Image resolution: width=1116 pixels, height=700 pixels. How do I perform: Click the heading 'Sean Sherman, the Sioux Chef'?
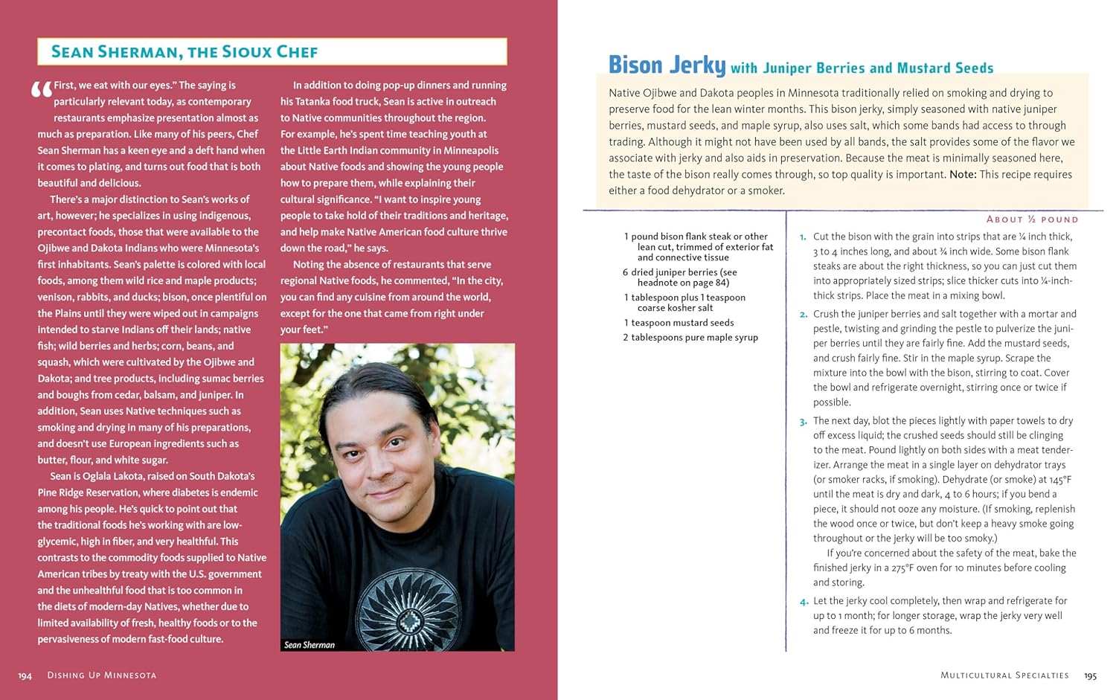tap(185, 52)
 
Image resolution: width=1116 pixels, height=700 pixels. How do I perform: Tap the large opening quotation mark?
tap(42, 91)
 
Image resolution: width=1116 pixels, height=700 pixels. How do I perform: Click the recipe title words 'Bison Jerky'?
tap(667, 65)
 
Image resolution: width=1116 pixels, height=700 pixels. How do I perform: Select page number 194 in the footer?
tap(25, 675)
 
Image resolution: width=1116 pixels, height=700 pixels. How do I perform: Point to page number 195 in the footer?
tap(1090, 675)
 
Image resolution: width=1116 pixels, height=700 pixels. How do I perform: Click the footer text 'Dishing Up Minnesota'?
tap(102, 675)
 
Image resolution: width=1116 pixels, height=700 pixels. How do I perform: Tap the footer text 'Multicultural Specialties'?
tap(1004, 675)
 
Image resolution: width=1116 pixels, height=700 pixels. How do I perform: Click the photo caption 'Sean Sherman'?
tap(310, 645)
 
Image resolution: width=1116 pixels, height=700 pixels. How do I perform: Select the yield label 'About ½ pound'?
tap(1032, 219)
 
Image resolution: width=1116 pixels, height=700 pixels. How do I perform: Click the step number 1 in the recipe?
tap(803, 237)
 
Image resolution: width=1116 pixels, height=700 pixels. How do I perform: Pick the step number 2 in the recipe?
tap(803, 315)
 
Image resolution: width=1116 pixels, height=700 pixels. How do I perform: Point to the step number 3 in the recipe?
tap(803, 422)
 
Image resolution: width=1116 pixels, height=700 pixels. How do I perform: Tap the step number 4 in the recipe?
tap(804, 602)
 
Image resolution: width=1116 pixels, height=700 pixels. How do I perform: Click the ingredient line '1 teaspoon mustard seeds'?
tap(679, 323)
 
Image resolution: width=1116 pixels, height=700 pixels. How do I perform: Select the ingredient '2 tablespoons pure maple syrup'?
tap(690, 338)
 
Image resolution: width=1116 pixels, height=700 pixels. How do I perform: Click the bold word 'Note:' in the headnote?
tap(963, 175)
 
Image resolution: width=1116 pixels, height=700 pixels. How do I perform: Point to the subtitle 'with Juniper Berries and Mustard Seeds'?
tap(862, 68)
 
